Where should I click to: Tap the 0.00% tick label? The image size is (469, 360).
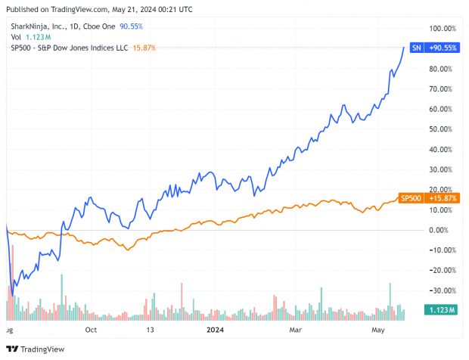tap(440, 230)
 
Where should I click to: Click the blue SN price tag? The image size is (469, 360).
tap(415, 47)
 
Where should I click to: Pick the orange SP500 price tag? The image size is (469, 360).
tap(411, 198)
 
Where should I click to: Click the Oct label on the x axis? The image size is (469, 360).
tap(91, 330)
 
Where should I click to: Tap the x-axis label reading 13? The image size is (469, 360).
tap(150, 330)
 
